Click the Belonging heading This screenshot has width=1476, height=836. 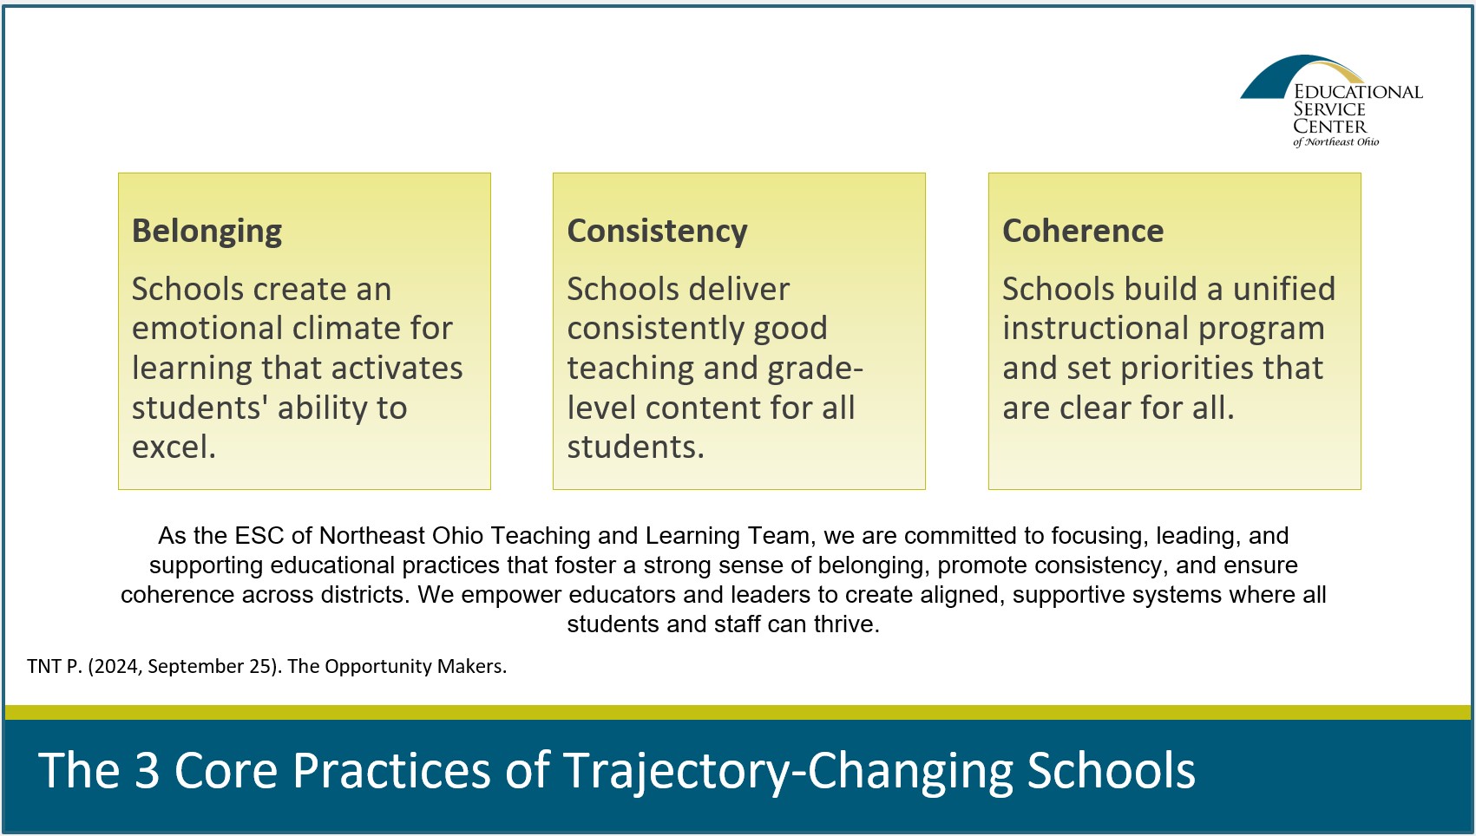click(207, 232)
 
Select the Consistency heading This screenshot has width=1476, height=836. click(657, 232)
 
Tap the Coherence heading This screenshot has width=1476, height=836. click(1083, 231)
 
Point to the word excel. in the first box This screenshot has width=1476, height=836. click(174, 447)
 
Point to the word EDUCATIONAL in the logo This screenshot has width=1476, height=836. click(1358, 92)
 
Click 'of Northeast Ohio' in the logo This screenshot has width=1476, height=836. click(1335, 141)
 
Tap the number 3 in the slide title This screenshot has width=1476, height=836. click(147, 769)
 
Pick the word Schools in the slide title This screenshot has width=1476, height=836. click(1111, 769)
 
